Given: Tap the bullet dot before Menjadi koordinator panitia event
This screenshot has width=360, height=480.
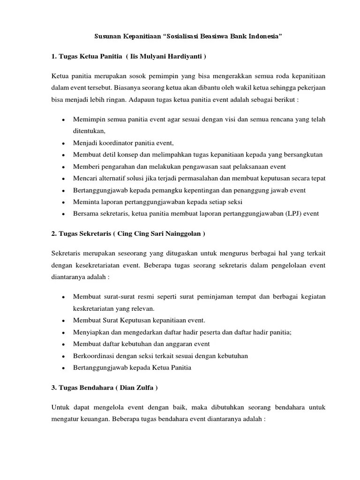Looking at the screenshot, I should tap(63, 143).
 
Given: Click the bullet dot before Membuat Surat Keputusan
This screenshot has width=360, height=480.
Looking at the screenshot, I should tap(63, 321).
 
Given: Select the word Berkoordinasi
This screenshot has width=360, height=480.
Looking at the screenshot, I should tap(93, 356).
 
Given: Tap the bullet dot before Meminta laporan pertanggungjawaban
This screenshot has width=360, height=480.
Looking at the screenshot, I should tap(63, 202).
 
